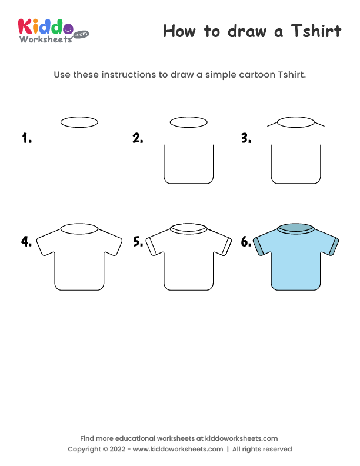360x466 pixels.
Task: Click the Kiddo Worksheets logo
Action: tap(53, 29)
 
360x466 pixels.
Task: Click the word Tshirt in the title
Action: tap(316, 31)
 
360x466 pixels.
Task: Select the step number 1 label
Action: tap(26, 139)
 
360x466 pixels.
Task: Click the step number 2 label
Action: tap(138, 139)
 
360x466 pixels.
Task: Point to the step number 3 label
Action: tap(246, 139)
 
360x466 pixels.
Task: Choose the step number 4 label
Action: tap(26, 241)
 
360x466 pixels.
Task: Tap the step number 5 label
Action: tap(138, 241)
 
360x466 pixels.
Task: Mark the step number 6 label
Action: tap(246, 241)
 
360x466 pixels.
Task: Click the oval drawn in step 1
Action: tap(79, 122)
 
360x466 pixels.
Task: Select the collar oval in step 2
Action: tap(188, 122)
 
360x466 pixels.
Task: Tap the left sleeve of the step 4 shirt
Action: tap(46, 242)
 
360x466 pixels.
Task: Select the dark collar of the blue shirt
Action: tap(296, 229)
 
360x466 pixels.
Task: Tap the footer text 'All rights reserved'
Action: tap(262, 449)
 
